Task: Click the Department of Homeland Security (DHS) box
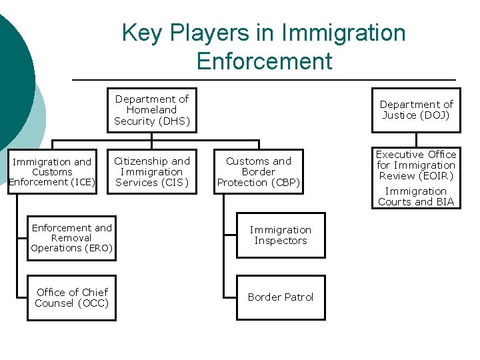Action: coord(151,110)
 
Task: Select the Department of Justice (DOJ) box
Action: coord(416,110)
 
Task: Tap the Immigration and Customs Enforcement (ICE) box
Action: coord(52,171)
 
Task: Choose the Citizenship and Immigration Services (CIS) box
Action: coord(151,171)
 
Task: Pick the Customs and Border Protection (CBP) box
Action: coord(259,171)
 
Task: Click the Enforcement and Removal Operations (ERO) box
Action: coord(72,238)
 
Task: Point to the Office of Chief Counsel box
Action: coord(72,297)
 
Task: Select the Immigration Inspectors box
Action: coord(281,235)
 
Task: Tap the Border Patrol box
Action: coord(281,297)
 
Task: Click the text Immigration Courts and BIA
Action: coord(416,197)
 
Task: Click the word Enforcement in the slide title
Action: coord(264,61)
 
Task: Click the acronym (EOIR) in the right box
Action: coord(435,176)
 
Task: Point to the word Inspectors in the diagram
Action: coord(281,241)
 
